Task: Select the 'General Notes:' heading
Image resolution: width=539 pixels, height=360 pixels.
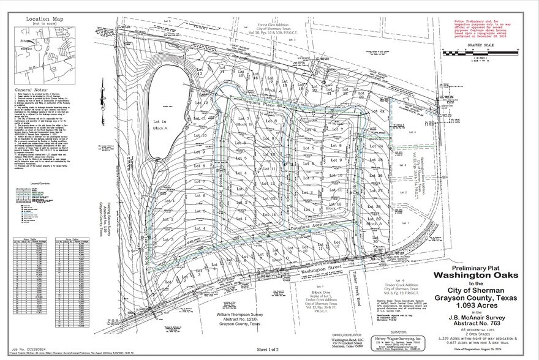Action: pyautogui.click(x=29, y=89)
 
